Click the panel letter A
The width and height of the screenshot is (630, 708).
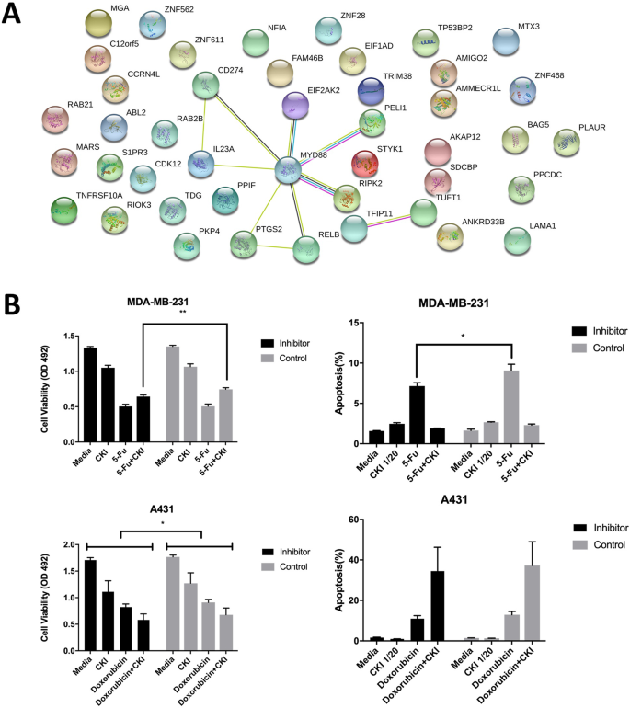click(x=15, y=17)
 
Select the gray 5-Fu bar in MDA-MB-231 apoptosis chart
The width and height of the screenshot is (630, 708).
click(x=511, y=406)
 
